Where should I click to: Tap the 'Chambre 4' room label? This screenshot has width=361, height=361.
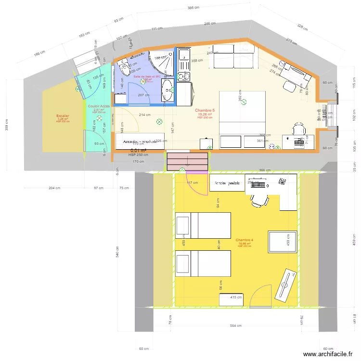(245, 240)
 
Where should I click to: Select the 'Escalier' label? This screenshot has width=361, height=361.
(63, 116)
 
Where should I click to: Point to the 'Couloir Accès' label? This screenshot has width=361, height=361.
(99, 106)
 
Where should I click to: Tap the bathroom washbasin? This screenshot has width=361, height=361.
(167, 89)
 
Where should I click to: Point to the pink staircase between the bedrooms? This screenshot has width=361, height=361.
(188, 161)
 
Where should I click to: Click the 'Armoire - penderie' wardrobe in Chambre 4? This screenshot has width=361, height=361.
(227, 183)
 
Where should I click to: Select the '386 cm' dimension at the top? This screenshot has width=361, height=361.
(193, 8)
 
